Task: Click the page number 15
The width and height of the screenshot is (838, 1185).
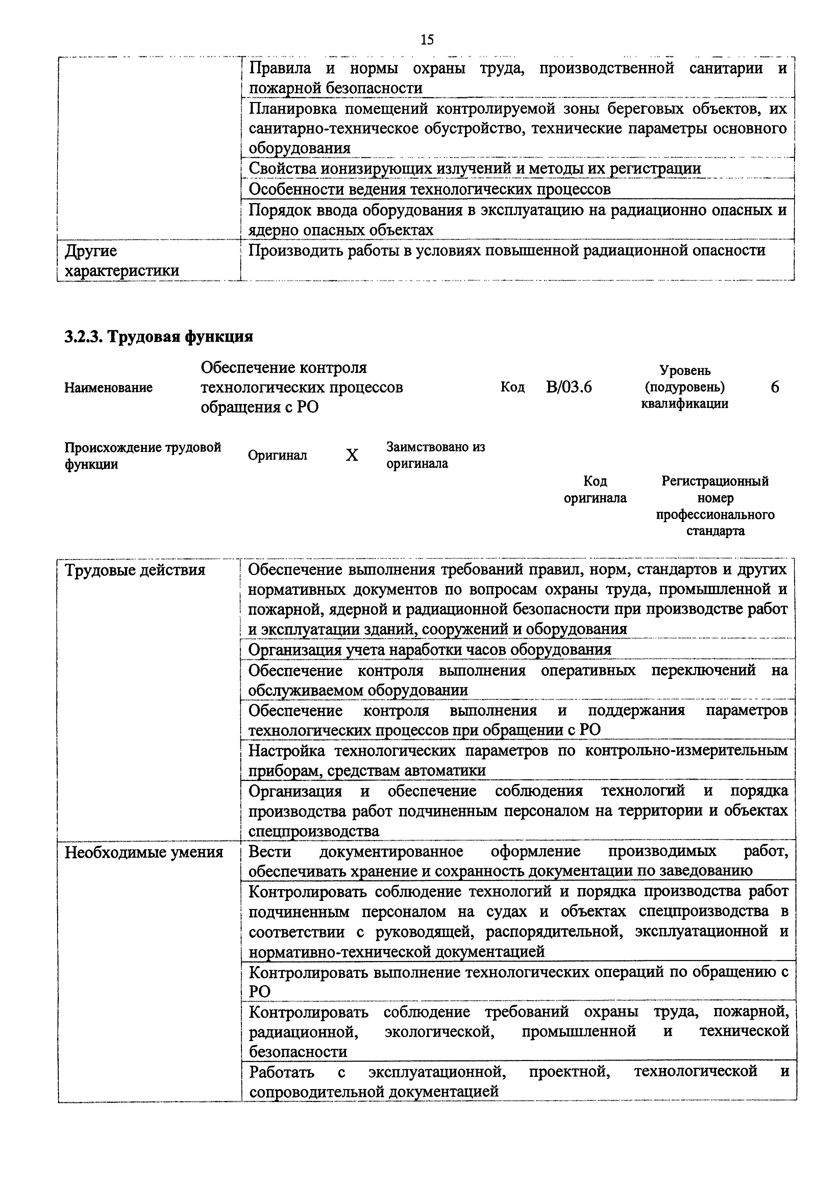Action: click(x=427, y=40)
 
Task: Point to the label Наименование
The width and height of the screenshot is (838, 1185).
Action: click(x=108, y=387)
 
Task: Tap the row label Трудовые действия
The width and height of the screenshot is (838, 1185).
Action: click(x=135, y=570)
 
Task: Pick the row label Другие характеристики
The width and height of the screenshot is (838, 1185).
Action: click(x=121, y=261)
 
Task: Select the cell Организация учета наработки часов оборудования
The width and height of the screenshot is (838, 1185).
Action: click(x=429, y=649)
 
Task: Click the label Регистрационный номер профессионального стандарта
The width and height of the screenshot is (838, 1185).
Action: click(x=715, y=506)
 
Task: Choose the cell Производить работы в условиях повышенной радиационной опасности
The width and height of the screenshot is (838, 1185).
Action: click(x=507, y=251)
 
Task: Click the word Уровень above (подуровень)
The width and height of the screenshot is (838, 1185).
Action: click(x=685, y=370)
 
